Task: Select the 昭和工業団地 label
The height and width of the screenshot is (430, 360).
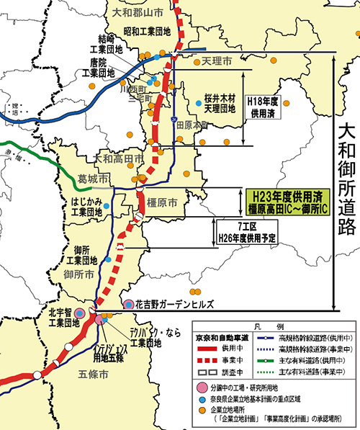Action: point(147,32)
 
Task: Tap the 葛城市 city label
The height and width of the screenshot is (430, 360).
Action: point(95,177)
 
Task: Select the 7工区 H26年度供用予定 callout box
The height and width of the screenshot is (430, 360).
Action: point(248,232)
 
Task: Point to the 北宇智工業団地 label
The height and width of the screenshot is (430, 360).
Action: point(63,318)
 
